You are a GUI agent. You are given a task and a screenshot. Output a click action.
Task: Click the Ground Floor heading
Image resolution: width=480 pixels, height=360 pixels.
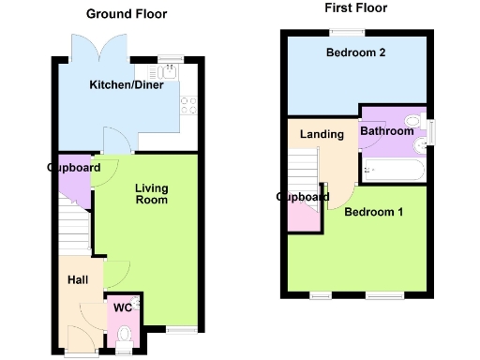[x=127, y=14]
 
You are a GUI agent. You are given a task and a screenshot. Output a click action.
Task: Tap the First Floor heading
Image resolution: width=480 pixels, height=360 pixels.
[x=355, y=8]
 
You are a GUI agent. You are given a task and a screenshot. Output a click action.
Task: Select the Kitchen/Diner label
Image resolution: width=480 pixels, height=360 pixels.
[x=127, y=85]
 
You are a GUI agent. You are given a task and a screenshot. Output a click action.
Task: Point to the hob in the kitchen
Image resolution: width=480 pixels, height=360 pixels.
[x=187, y=103]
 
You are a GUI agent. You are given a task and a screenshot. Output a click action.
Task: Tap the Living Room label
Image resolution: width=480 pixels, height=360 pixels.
[x=151, y=193]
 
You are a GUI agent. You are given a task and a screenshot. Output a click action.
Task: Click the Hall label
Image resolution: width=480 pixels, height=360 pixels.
[x=77, y=280]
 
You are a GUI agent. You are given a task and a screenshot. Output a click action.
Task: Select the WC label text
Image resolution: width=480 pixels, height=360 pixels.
[x=122, y=307]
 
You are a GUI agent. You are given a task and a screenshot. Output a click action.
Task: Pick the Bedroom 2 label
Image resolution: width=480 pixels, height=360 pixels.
[x=356, y=53]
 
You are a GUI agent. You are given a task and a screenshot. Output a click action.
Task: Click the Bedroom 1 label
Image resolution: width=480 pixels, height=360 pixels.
[x=373, y=212]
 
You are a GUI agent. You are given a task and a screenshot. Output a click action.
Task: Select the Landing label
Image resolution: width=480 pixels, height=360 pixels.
[x=322, y=134]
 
